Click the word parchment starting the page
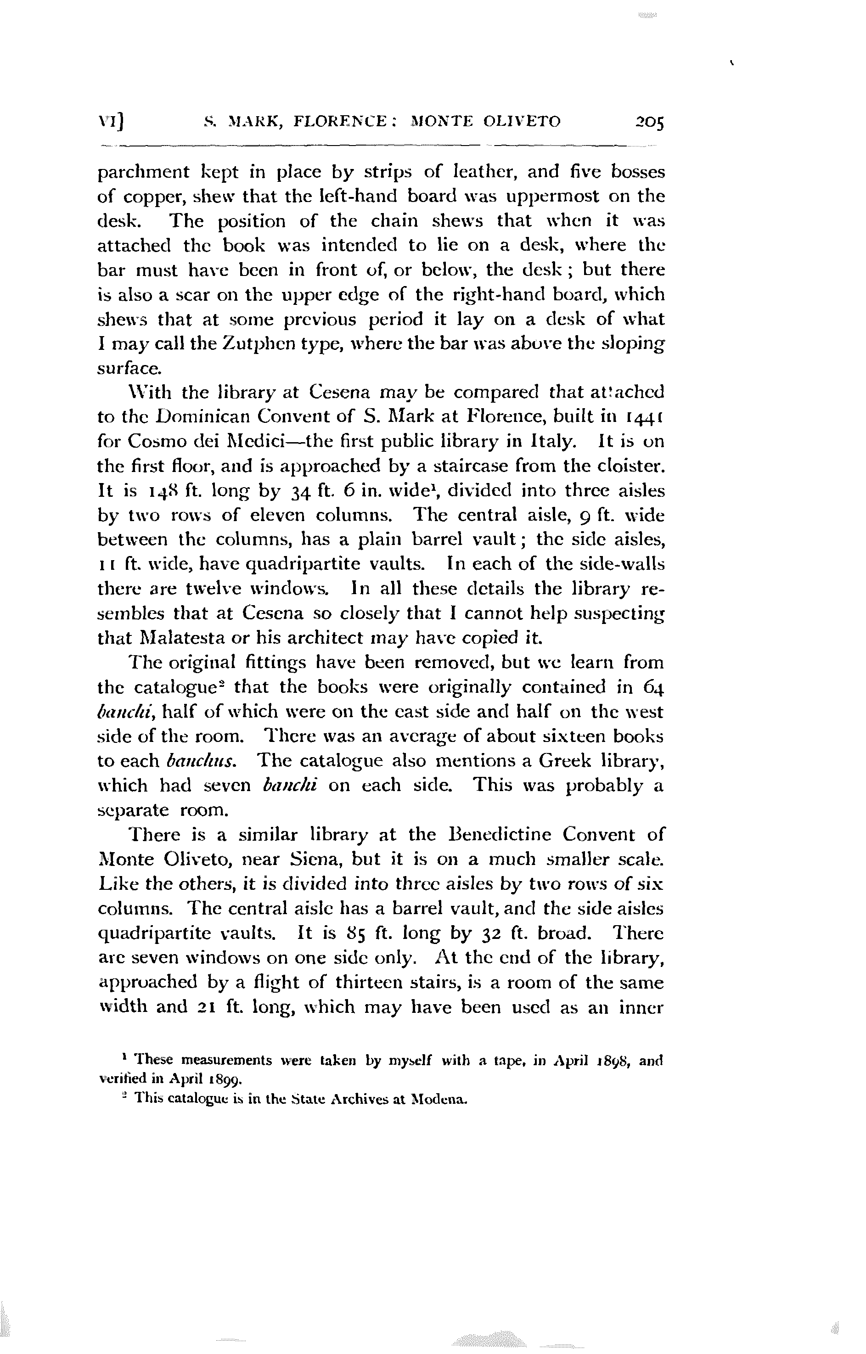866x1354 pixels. [143, 172]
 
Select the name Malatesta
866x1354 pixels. [172, 638]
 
